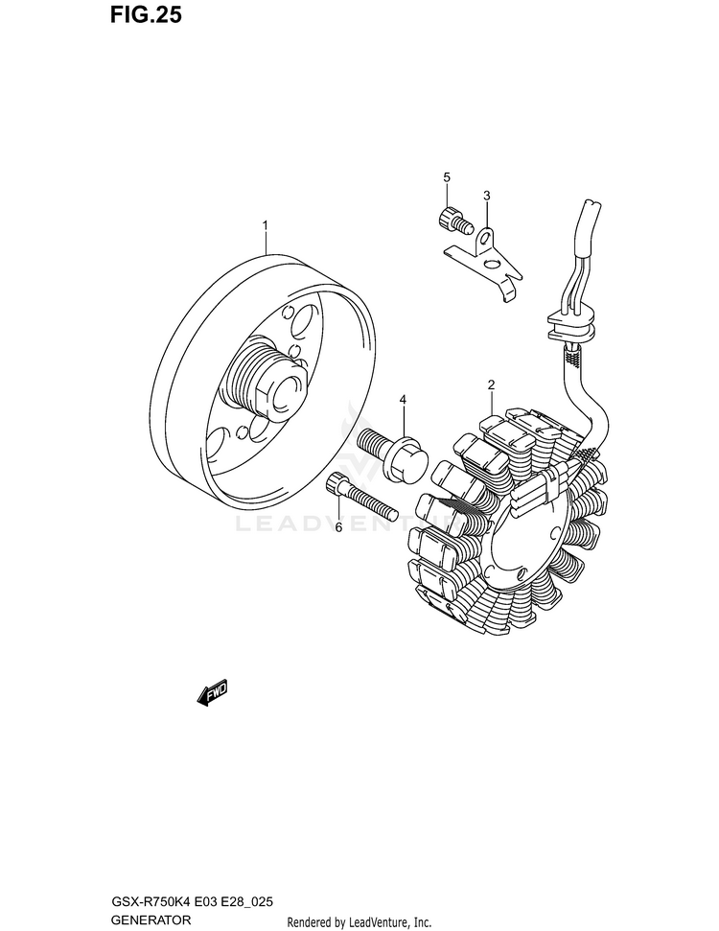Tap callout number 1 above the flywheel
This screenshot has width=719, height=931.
tap(266, 226)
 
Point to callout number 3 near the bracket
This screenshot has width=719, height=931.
tap(486, 197)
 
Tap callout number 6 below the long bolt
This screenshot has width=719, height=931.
tap(337, 526)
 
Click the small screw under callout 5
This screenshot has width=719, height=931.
tap(453, 221)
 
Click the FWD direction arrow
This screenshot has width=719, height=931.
tap(212, 692)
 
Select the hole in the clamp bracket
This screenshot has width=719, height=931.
tap(488, 236)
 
